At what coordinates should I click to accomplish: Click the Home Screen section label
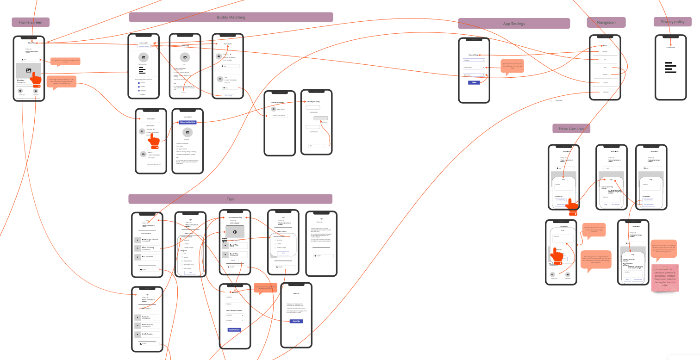pyautogui.click(x=30, y=22)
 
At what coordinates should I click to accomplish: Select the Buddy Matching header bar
pyautogui.click(x=231, y=17)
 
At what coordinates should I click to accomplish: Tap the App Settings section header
pyautogui.click(x=514, y=24)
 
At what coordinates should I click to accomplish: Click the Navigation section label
pyautogui.click(x=606, y=22)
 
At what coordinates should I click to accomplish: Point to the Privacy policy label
pyautogui.click(x=672, y=22)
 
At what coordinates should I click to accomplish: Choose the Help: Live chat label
pyautogui.click(x=571, y=128)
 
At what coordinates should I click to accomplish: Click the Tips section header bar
pyautogui.click(x=230, y=199)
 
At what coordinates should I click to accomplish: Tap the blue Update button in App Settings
pyautogui.click(x=474, y=82)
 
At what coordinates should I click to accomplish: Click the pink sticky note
pyautogui.click(x=665, y=278)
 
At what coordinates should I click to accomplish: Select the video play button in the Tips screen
pyautogui.click(x=234, y=232)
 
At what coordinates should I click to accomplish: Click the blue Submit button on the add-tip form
pyautogui.click(x=234, y=329)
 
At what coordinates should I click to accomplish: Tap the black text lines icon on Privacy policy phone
pyautogui.click(x=670, y=68)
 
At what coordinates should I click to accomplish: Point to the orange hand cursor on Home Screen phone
pyautogui.click(x=36, y=78)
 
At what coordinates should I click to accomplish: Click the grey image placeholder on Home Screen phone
pyautogui.click(x=28, y=70)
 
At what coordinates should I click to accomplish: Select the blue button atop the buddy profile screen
pyautogui.click(x=187, y=122)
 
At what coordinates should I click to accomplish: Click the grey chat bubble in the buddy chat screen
pyautogui.click(x=320, y=118)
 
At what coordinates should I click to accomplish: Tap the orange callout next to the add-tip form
pyautogui.click(x=265, y=287)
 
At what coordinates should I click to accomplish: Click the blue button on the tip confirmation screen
pyautogui.click(x=296, y=321)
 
